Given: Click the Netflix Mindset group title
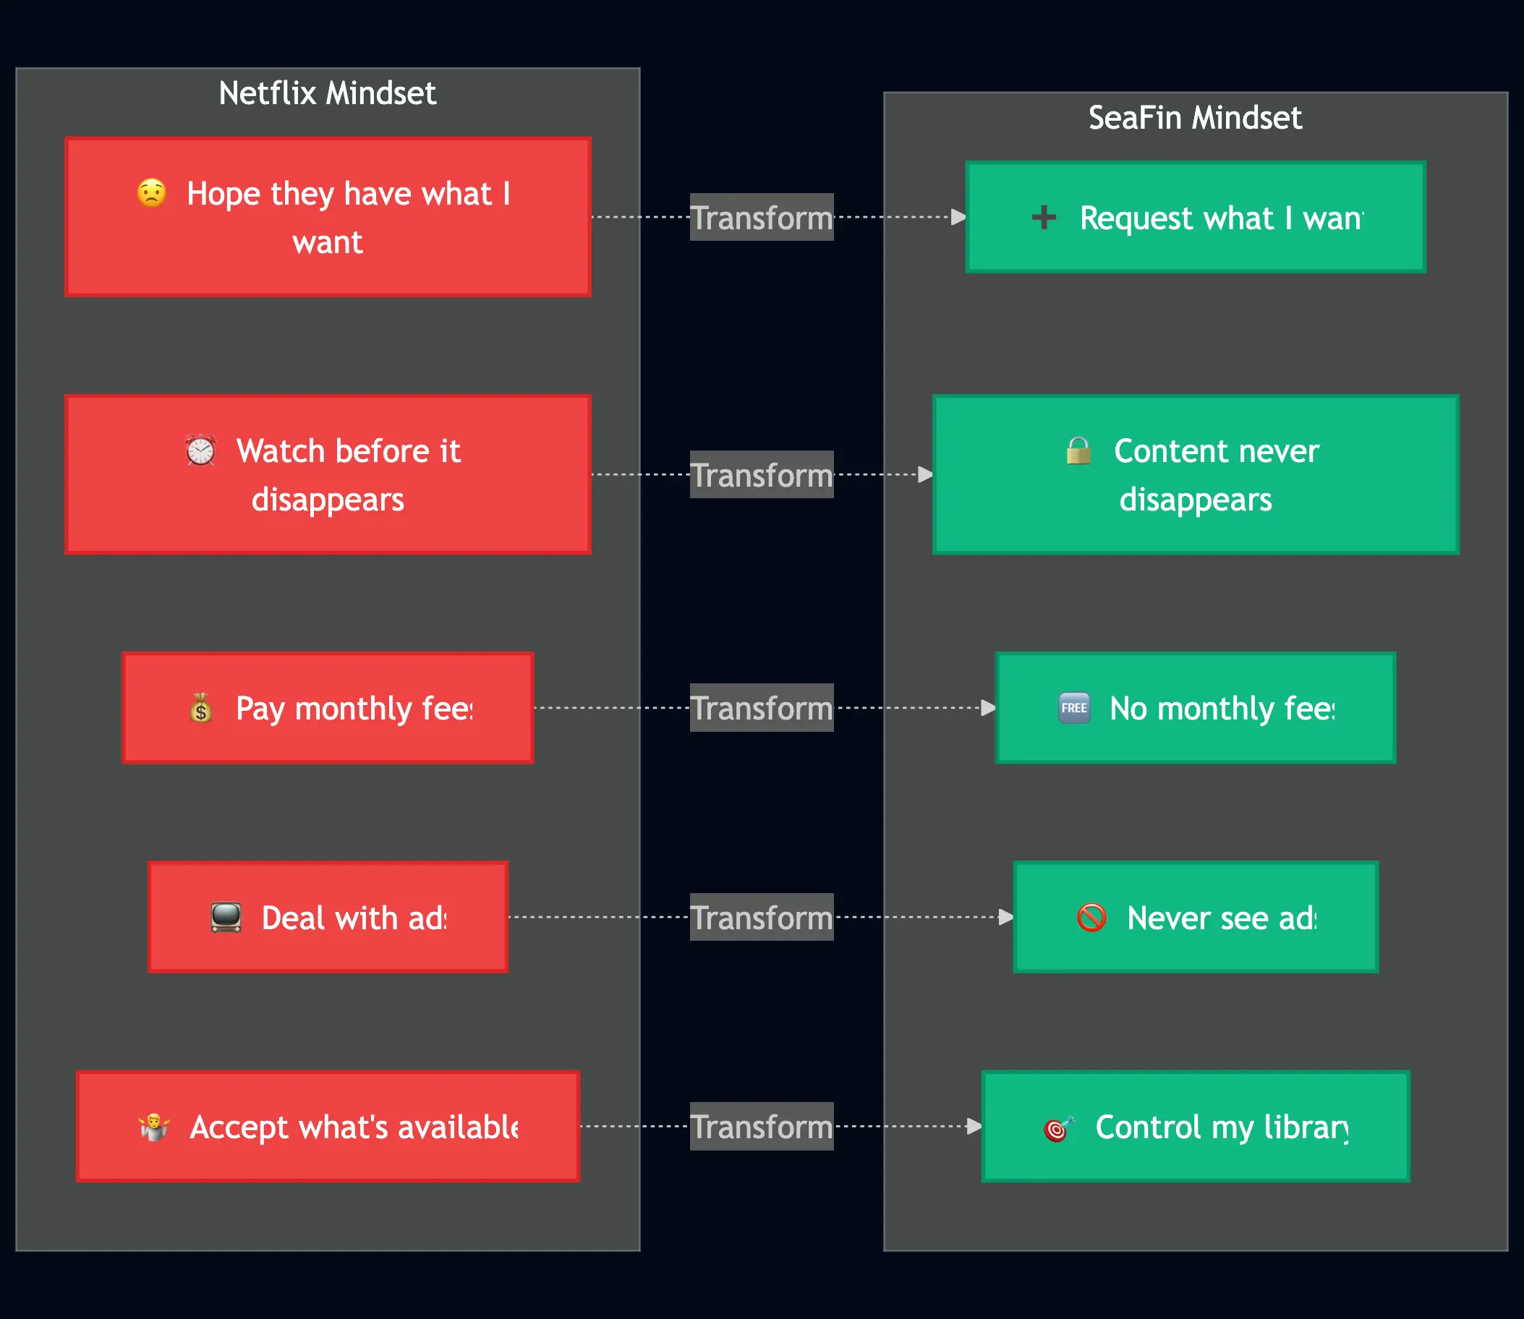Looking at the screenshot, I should tap(327, 93).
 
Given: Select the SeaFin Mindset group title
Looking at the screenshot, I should tap(1194, 118).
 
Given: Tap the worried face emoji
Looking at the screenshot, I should tap(152, 193).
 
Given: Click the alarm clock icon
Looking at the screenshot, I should tap(200, 450).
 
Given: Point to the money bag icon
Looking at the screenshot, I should tap(200, 708).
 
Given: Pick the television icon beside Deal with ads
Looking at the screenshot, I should tap(225, 917).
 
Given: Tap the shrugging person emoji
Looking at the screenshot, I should tap(154, 1127).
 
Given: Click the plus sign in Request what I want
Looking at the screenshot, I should tap(1043, 217).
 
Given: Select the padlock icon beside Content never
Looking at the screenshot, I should tap(1078, 450).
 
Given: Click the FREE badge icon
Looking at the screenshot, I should tap(1073, 708).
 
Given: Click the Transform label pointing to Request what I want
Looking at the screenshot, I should tap(761, 218).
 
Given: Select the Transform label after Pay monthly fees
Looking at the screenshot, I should tap(761, 708).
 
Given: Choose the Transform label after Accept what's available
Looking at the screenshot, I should tap(761, 1127).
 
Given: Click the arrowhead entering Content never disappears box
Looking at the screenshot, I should tap(925, 475).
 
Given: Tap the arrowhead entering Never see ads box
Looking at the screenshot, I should tap(1005, 917).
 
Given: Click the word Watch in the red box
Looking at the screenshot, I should tap(281, 451).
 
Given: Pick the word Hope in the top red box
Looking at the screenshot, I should tap(223, 194).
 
